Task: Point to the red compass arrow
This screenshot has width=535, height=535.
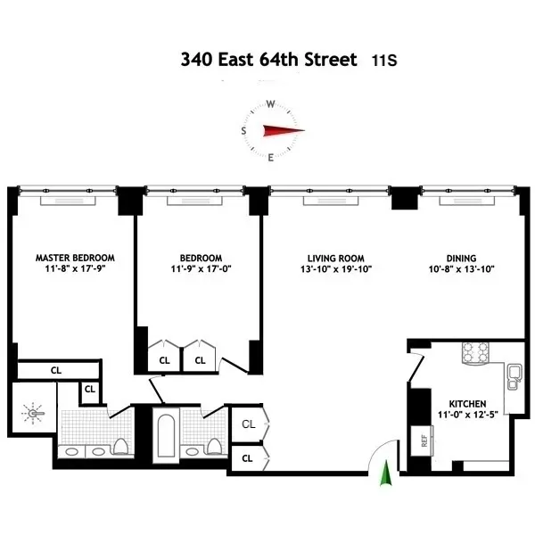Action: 283,130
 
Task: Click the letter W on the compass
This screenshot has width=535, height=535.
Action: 270,103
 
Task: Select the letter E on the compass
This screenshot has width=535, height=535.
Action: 271,158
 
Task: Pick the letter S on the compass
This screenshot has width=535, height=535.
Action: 243,130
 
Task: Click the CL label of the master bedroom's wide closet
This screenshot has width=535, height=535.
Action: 55,369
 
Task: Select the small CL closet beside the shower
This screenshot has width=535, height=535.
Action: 90,390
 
